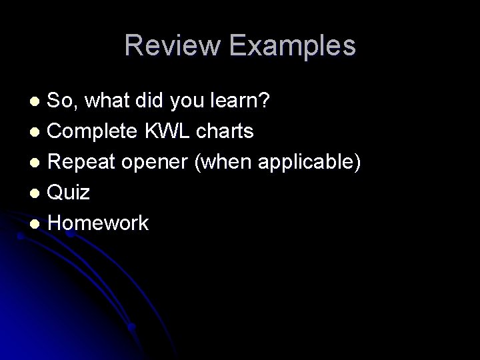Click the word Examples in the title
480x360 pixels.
click(x=291, y=46)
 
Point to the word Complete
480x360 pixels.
click(x=94, y=131)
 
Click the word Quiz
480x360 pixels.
click(x=69, y=193)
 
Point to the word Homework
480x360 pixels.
click(x=99, y=223)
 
